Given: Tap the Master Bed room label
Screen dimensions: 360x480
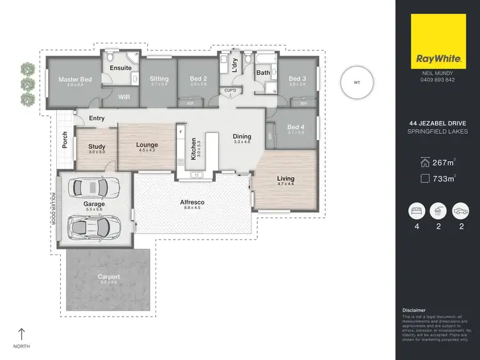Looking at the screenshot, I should pyautogui.click(x=76, y=80).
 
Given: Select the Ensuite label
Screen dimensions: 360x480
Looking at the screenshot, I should pyautogui.click(x=121, y=67).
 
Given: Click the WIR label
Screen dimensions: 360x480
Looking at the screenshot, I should pyautogui.click(x=125, y=98).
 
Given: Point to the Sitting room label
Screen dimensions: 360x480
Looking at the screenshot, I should pyautogui.click(x=159, y=79).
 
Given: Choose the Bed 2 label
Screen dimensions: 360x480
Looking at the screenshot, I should pyautogui.click(x=198, y=79).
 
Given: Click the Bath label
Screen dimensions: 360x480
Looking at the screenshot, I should pyautogui.click(x=263, y=73).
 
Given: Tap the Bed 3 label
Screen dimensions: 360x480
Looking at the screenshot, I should pyautogui.click(x=298, y=79).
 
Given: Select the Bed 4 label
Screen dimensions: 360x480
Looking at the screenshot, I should pyautogui.click(x=297, y=127).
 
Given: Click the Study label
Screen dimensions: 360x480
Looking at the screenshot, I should pyautogui.click(x=97, y=147).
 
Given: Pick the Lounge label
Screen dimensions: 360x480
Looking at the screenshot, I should pyautogui.click(x=147, y=145).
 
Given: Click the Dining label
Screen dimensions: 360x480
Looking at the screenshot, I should pyautogui.click(x=242, y=136).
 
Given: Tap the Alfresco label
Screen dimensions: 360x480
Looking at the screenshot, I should pyautogui.click(x=192, y=203).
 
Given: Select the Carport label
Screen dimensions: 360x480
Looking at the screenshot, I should pyautogui.click(x=109, y=277).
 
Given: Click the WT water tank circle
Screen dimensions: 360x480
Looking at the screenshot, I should pyautogui.click(x=356, y=82).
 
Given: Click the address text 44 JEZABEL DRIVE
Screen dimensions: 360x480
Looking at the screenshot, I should pyautogui.click(x=437, y=124).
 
